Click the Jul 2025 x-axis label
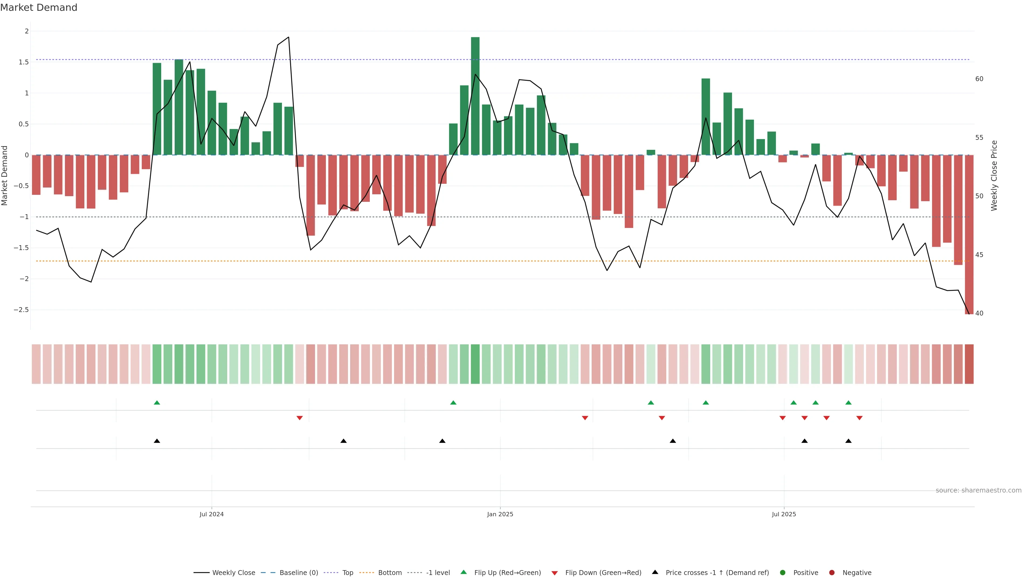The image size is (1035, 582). coord(784,514)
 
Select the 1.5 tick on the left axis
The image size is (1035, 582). coord(24,62)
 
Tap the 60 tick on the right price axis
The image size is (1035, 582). coord(979,79)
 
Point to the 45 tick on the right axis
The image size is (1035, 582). coord(979,255)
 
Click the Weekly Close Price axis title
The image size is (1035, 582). coord(994,175)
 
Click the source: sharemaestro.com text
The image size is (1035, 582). coord(978,490)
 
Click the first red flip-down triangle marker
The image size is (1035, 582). coord(299,418)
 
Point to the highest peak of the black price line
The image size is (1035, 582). coord(288,37)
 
